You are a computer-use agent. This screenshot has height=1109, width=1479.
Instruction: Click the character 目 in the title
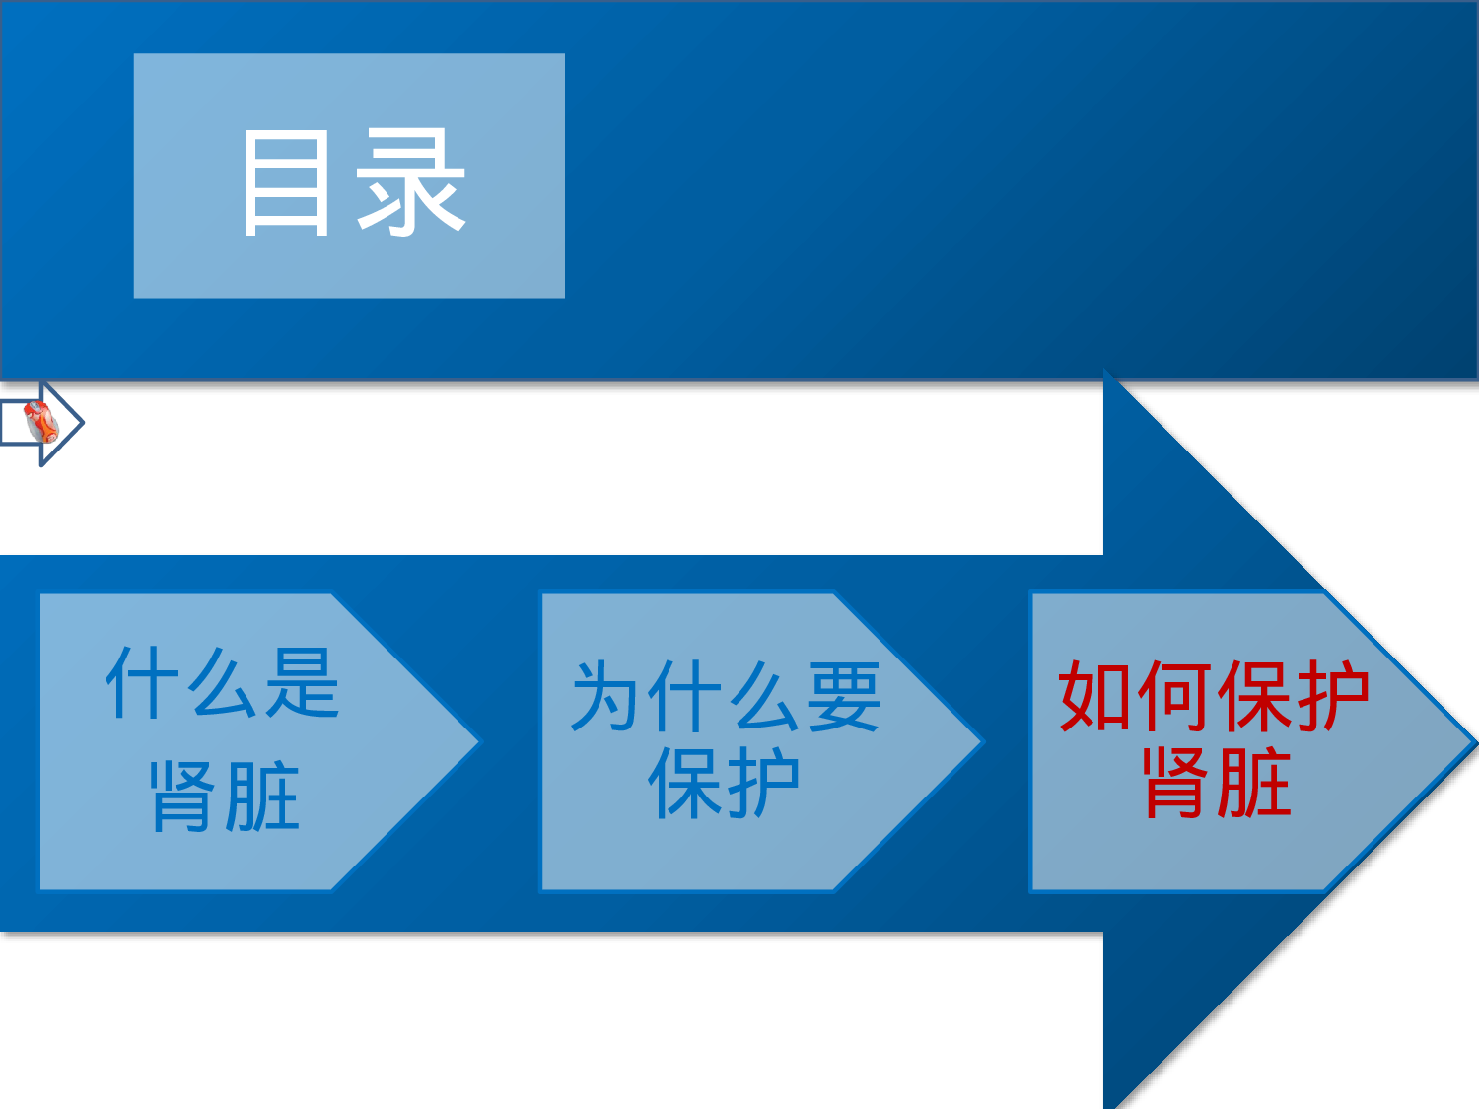point(286,183)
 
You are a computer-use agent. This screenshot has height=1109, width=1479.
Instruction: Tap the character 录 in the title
point(410,183)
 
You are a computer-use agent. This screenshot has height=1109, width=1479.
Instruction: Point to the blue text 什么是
point(223,683)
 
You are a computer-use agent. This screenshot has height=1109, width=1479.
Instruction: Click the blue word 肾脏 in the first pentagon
point(225,797)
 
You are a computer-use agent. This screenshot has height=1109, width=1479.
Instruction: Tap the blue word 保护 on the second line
point(724,784)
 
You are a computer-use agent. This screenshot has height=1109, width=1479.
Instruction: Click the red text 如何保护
point(1214,696)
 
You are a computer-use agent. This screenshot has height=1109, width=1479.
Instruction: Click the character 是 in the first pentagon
point(303,683)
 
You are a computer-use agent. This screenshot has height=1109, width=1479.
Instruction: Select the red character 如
point(1096,696)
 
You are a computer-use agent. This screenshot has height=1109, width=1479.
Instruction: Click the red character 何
point(1175,696)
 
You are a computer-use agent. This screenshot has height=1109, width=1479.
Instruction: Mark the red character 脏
point(1255,783)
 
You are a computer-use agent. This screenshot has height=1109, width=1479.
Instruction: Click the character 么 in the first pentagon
point(224,683)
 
